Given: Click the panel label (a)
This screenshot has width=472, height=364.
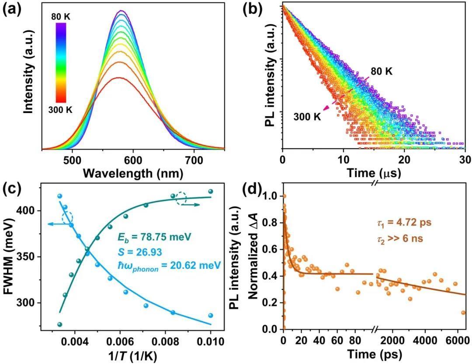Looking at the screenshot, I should tap(13, 10).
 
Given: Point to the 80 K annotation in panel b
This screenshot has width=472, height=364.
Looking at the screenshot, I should tap(382, 71).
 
